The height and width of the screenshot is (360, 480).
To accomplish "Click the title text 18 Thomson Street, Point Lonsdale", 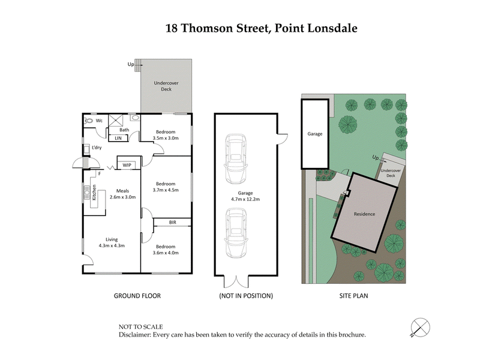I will [261, 28].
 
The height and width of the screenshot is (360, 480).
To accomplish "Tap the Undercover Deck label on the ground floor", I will [166, 86].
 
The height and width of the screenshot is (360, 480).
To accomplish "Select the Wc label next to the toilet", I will [100, 121].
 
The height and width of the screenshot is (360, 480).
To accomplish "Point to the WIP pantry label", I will [127, 165].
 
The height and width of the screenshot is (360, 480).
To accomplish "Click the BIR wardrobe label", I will [173, 223].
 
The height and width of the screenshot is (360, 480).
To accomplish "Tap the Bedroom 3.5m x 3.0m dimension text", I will [166, 135].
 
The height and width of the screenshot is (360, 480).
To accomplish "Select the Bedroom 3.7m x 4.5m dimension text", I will [166, 187].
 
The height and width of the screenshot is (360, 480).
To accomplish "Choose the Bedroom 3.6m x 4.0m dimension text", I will [166, 250].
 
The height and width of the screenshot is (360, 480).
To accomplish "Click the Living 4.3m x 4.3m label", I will [111, 242].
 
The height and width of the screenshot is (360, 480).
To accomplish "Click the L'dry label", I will [97, 148].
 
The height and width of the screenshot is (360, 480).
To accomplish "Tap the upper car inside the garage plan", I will [235, 160].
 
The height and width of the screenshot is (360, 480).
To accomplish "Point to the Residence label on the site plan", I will [364, 214].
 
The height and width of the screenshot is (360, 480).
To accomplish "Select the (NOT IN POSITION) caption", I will [247, 296].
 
